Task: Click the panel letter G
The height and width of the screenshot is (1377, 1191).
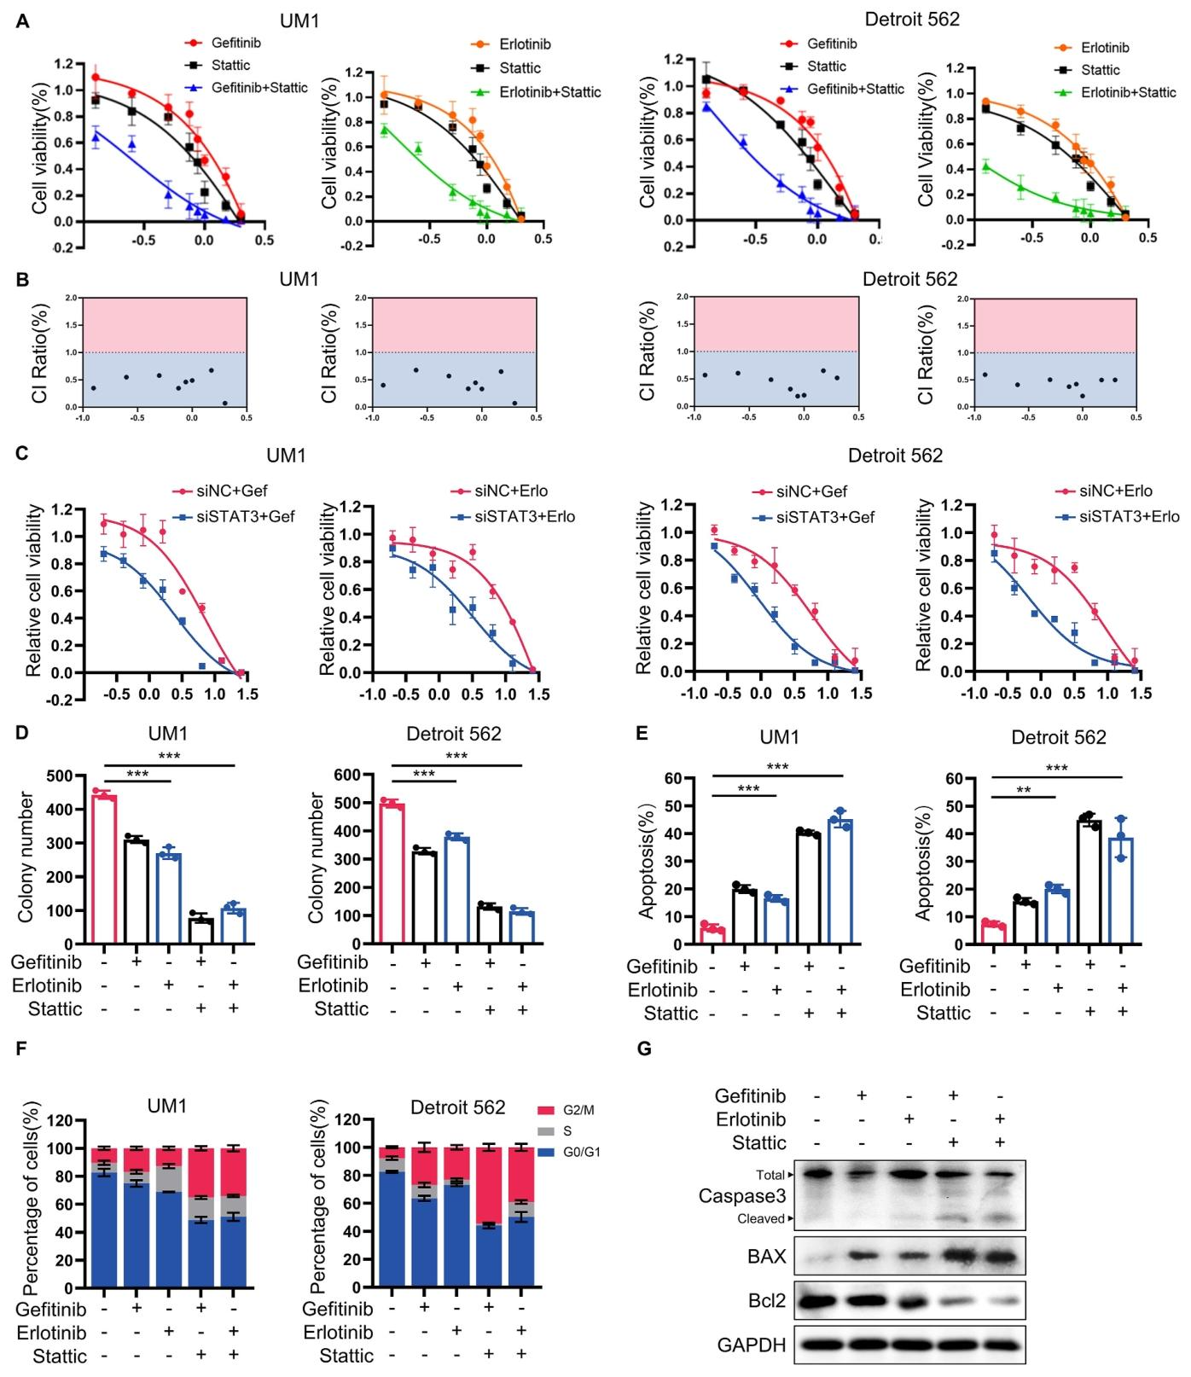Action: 644,1049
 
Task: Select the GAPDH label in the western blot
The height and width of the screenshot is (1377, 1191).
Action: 752,1345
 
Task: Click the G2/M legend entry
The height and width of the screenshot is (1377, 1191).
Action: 578,1110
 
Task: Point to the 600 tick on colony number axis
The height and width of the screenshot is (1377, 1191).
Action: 354,775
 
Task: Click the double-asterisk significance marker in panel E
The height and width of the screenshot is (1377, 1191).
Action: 1024,790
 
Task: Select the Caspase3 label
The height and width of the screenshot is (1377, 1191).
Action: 741,1196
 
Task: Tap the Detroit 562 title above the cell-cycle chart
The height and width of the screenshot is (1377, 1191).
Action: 458,1107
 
